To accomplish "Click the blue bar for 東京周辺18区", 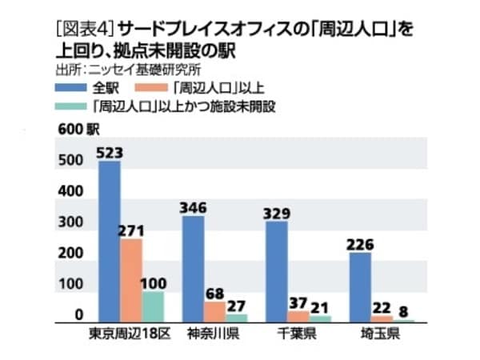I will click(109, 240).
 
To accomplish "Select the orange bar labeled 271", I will click(131, 280).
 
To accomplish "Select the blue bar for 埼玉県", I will click(360, 286).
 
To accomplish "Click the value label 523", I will click(109, 152).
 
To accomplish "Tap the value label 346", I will click(193, 207).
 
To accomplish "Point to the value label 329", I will click(276, 213).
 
